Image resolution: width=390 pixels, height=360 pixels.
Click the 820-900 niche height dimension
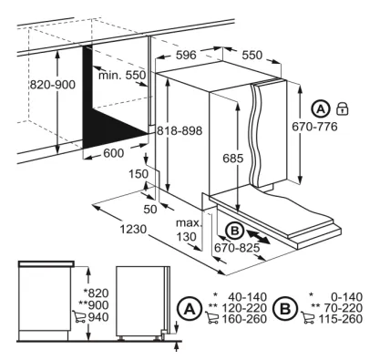coord(52,85)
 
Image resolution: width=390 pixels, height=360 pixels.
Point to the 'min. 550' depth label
coord(122,75)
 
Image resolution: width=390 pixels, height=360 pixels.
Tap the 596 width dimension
coord(186,55)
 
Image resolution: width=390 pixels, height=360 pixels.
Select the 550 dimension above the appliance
coord(252,55)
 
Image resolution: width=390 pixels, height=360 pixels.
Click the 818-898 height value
coord(180,130)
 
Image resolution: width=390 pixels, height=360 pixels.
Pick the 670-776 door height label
coord(314,127)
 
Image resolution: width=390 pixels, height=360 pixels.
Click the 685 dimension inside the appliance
coord(233,158)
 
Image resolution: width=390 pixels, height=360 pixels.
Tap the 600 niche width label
coord(114,153)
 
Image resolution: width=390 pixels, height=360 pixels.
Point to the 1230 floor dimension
coord(133,230)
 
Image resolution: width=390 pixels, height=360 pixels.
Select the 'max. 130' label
coord(189,230)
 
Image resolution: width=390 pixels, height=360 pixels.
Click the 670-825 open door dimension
coord(237,248)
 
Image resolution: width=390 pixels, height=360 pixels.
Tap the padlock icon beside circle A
coord(343,108)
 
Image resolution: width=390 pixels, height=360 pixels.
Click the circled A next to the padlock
coord(321,108)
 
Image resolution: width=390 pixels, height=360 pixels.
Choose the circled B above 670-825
coord(235,231)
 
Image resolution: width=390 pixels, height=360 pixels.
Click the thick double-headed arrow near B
coord(258,236)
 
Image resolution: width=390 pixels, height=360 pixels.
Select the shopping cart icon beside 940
coord(79,316)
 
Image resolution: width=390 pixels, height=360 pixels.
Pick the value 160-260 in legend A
coord(244,319)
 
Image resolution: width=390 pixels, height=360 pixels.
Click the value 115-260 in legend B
coord(340,319)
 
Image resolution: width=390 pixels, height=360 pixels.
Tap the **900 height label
coord(94,304)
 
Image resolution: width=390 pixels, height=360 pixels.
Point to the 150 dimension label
coord(139,174)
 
